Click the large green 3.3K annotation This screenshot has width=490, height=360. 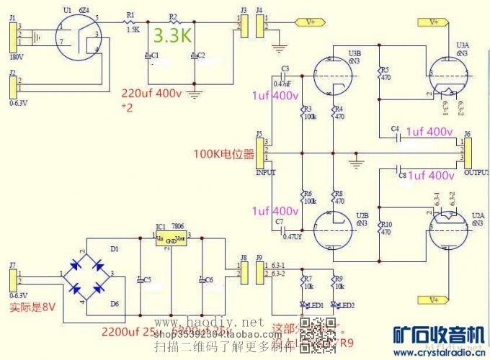[173, 35]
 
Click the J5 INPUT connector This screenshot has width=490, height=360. [259, 152]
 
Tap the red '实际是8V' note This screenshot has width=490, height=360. [31, 307]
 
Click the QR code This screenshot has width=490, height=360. [312, 332]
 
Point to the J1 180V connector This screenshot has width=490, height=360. [12, 34]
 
